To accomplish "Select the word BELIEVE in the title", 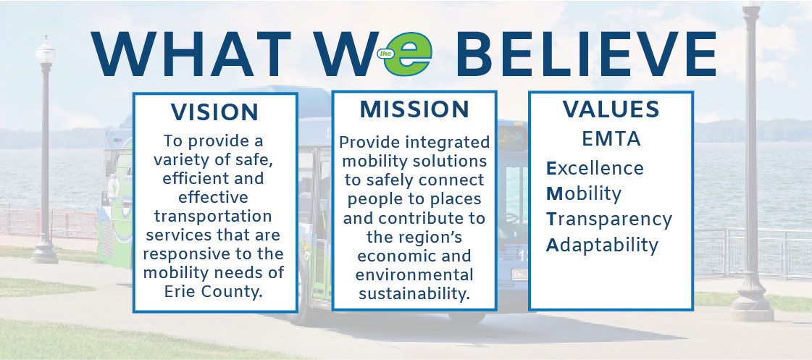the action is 587,54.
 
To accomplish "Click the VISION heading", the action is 214,112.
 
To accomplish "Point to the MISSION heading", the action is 414,110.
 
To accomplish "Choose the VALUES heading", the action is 611,109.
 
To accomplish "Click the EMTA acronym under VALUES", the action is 611,139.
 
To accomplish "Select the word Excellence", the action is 595,168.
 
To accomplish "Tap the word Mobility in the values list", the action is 584,194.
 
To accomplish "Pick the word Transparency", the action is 609,219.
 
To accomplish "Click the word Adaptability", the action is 602,245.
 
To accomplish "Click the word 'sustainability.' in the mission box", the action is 414,293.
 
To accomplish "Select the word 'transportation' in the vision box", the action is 213,216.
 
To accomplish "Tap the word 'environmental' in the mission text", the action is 414,275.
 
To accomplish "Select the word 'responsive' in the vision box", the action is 181,254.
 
